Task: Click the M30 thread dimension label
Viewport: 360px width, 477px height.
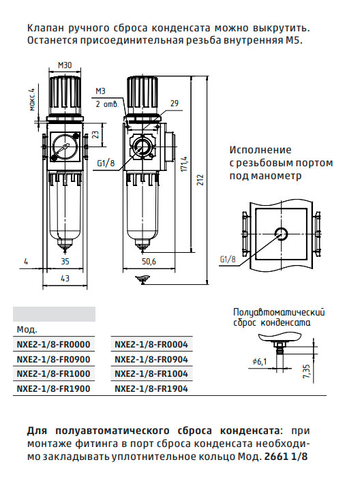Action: (x=65, y=65)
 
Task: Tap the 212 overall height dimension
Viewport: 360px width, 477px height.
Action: (x=200, y=180)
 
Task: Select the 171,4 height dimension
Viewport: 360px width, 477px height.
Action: (x=184, y=164)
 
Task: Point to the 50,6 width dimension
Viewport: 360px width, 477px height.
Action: (x=149, y=261)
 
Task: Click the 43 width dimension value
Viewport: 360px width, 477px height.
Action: (x=65, y=278)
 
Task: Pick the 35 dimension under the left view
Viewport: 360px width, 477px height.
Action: (x=65, y=261)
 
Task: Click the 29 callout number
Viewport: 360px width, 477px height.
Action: (x=174, y=104)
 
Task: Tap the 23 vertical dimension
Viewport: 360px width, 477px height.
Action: (x=95, y=135)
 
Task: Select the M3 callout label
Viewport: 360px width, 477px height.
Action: (x=100, y=91)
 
